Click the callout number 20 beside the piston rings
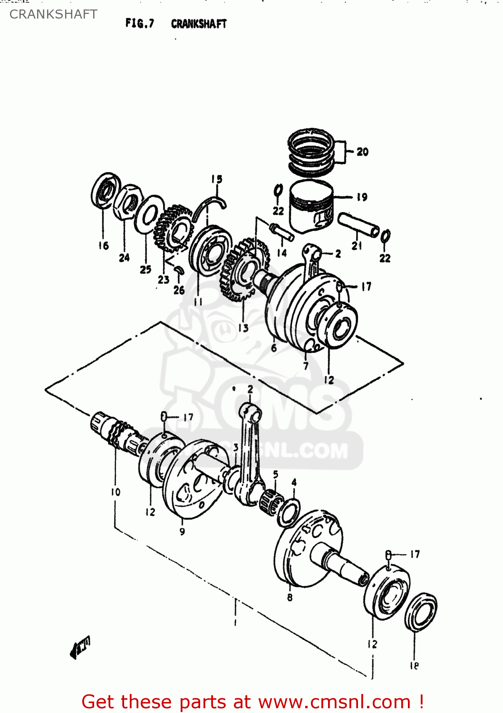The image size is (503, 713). click(x=362, y=152)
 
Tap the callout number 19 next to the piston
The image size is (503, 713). click(x=362, y=197)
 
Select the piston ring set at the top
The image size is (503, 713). click(x=311, y=151)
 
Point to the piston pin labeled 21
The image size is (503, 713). click(x=358, y=225)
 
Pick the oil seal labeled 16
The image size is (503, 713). click(x=106, y=191)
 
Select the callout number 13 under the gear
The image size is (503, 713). click(x=243, y=328)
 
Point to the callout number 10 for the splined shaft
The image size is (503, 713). click(x=116, y=492)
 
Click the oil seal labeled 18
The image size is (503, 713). click(x=421, y=612)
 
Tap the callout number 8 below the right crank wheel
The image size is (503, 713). click(x=290, y=597)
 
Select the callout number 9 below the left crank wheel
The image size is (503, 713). click(x=182, y=531)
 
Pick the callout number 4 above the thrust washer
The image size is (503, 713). click(x=294, y=482)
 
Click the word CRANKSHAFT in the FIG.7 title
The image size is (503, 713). click(x=199, y=24)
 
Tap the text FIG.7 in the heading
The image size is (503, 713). click(x=140, y=23)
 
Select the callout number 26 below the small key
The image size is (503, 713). click(x=179, y=290)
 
